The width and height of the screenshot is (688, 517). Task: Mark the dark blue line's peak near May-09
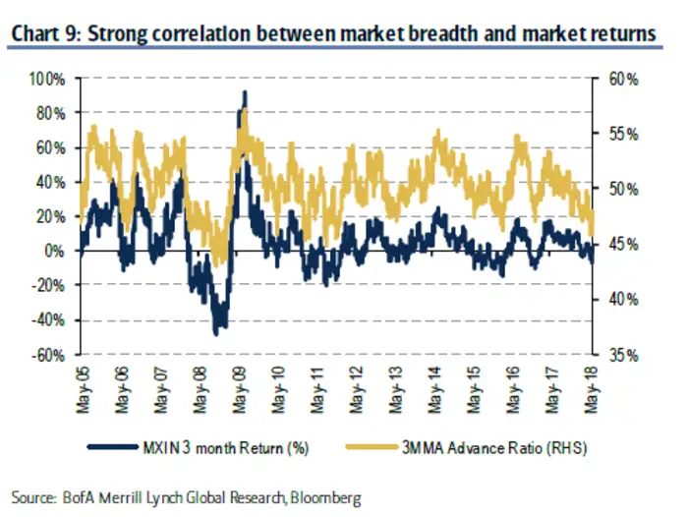(244, 92)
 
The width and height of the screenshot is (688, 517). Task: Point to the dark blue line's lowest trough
(216, 334)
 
